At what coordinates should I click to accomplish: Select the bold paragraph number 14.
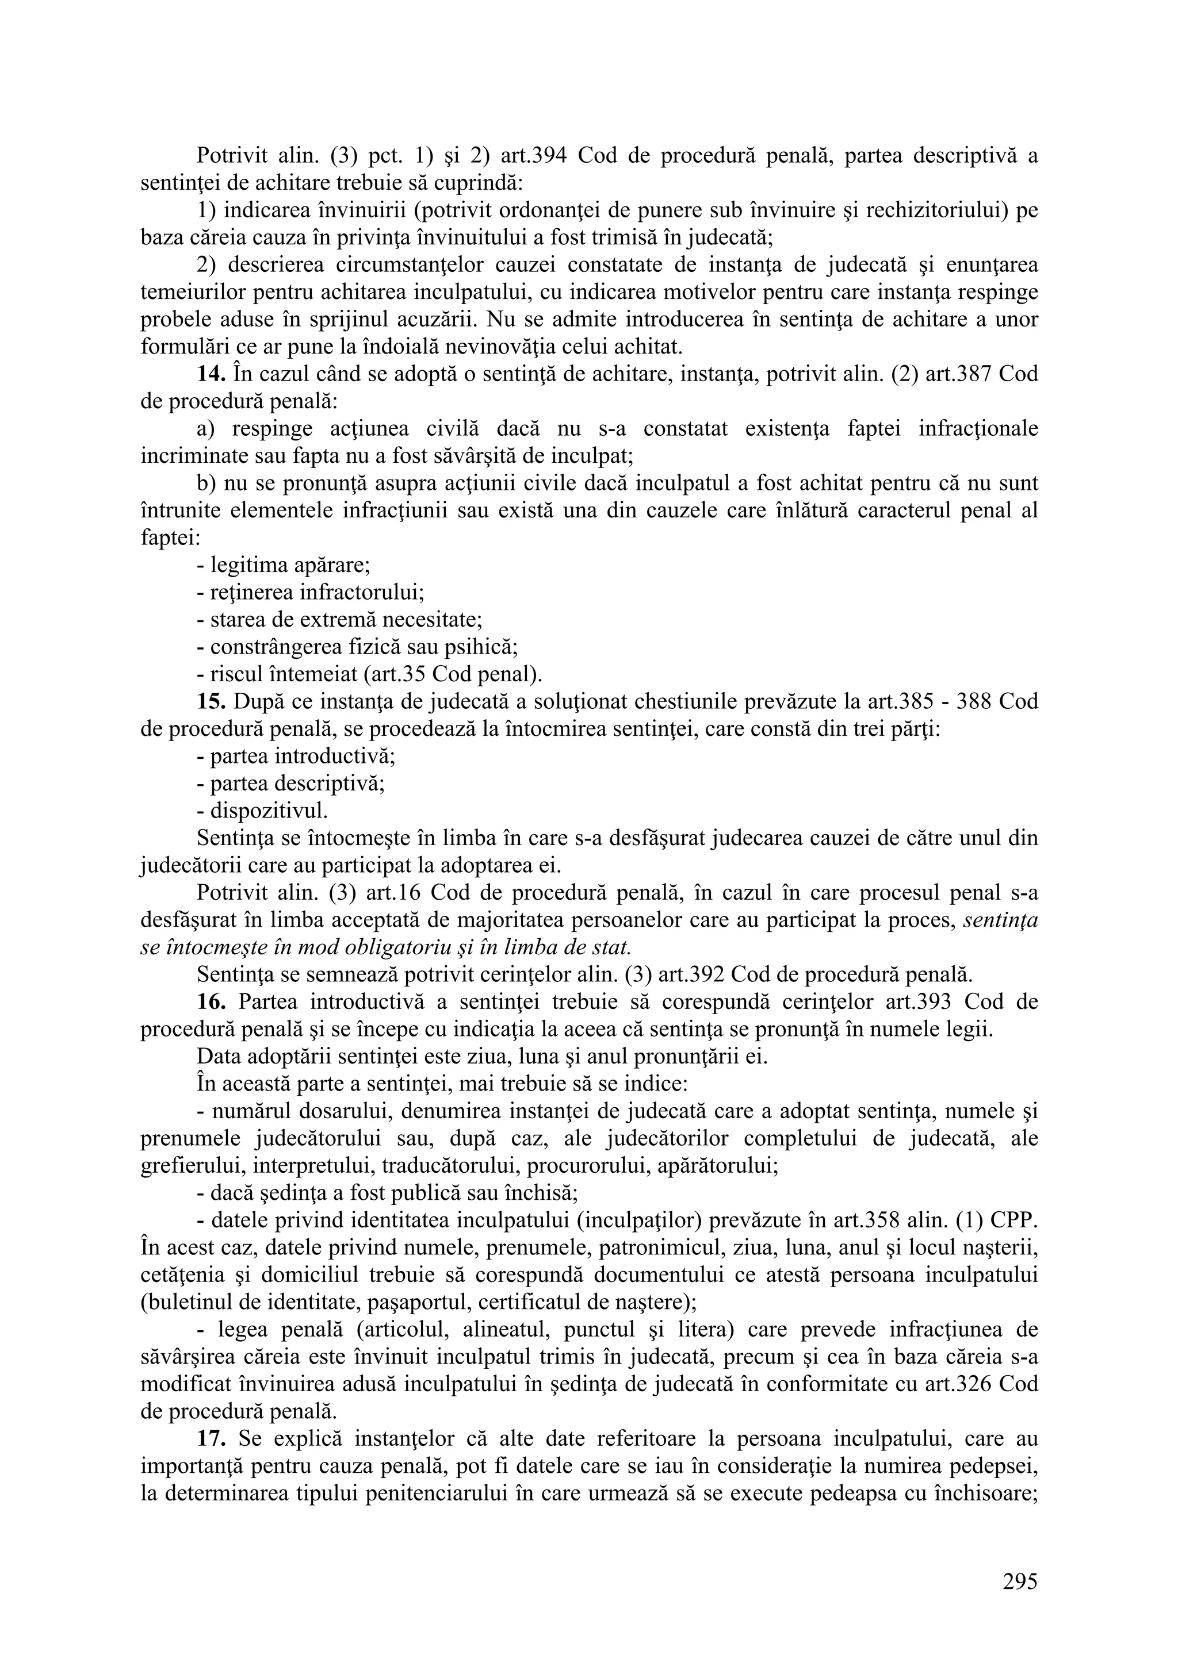pyautogui.click(x=212, y=374)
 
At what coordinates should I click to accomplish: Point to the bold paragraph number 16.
pyautogui.click(x=212, y=1002)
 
